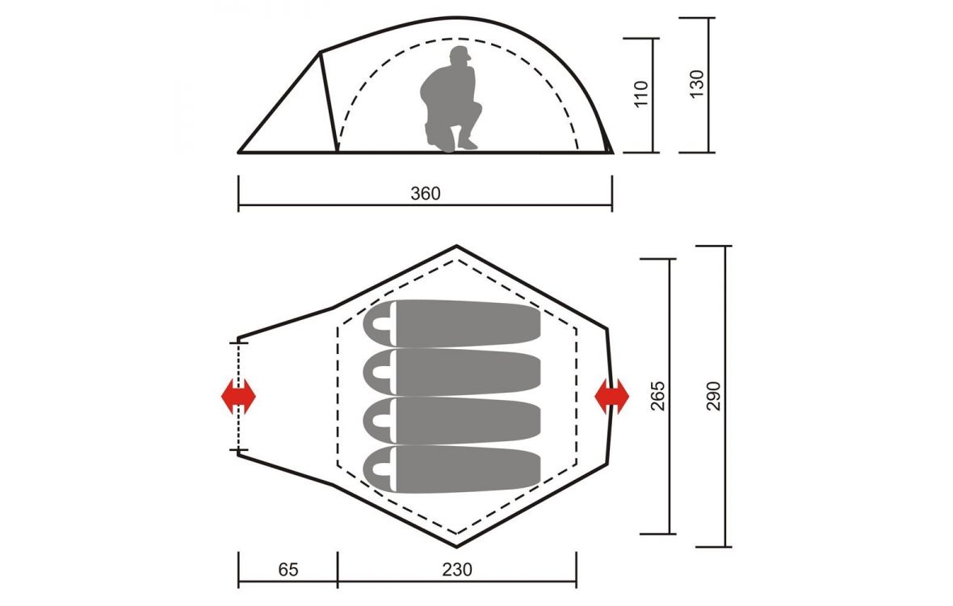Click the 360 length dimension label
(x=426, y=193)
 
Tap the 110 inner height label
(x=641, y=94)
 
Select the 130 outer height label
(x=696, y=84)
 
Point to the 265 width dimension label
(x=657, y=396)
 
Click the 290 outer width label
(x=713, y=396)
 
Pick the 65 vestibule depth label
(x=288, y=570)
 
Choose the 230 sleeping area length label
(x=456, y=570)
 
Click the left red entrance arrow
(x=238, y=396)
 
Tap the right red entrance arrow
(x=611, y=396)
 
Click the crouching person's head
(x=460, y=57)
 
